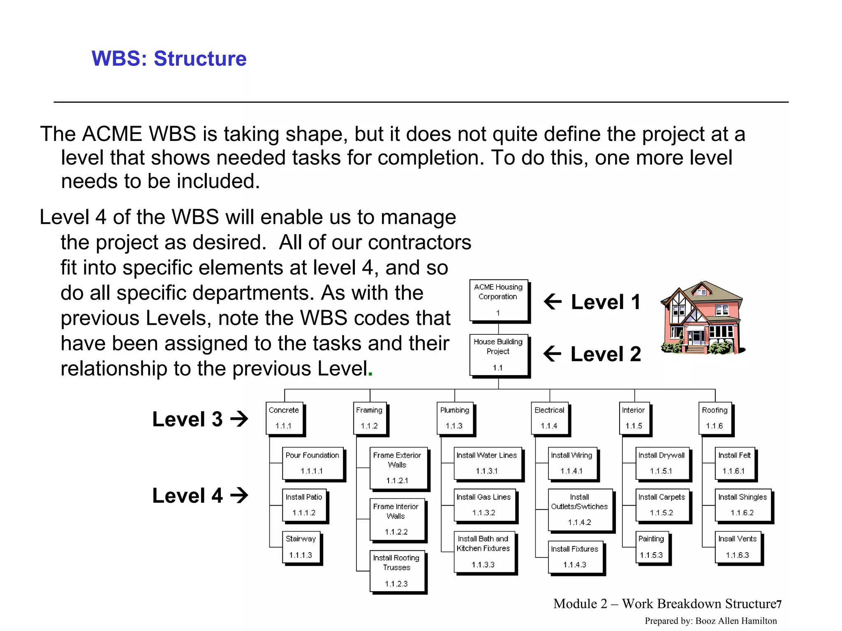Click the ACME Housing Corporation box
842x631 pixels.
click(x=498, y=300)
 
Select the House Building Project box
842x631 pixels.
click(x=498, y=355)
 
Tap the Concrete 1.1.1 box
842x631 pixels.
click(x=284, y=418)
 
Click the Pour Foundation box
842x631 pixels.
click(x=312, y=463)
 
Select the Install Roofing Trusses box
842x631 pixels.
click(x=397, y=571)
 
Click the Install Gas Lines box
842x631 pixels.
click(x=484, y=505)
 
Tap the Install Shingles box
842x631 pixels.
click(x=743, y=505)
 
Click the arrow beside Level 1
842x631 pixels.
click(x=553, y=302)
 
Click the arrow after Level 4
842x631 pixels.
click(x=239, y=495)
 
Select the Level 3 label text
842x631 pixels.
click(x=187, y=419)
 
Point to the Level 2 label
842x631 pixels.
click(x=606, y=354)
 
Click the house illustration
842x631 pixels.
click(x=702, y=319)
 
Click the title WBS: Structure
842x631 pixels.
click(x=169, y=58)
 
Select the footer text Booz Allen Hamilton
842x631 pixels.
click(x=736, y=621)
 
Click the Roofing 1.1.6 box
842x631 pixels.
click(x=715, y=418)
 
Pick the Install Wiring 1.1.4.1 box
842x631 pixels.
click(x=572, y=463)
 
